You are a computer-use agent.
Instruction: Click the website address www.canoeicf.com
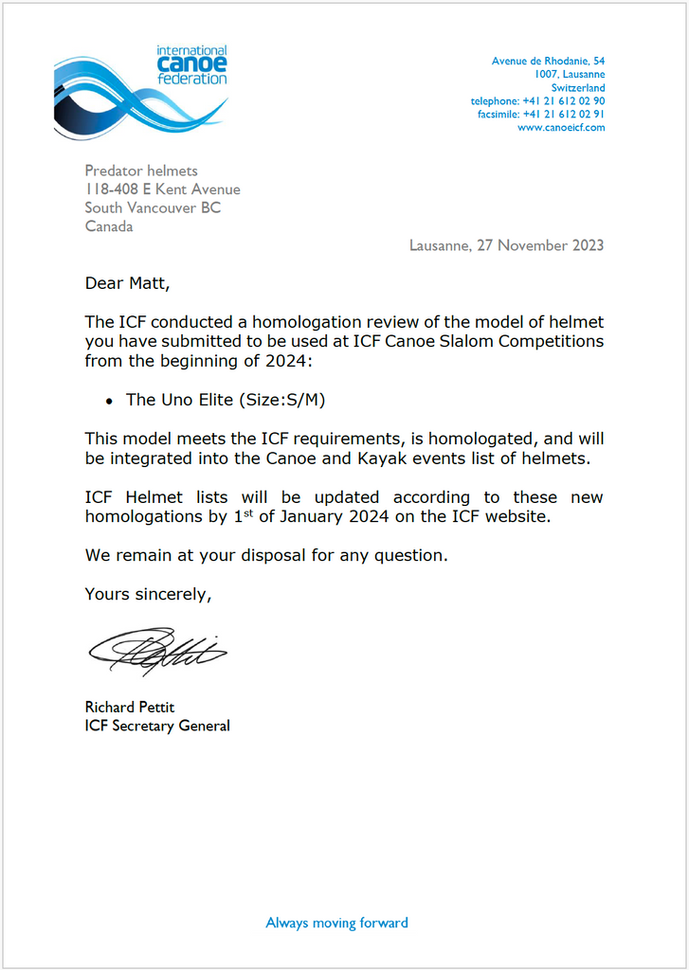coord(561,128)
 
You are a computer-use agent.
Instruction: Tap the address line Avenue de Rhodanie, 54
coord(548,62)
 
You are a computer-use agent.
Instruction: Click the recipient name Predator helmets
coord(141,171)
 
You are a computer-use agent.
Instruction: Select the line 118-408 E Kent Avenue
coord(162,189)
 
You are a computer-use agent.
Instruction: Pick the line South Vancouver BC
coord(153,207)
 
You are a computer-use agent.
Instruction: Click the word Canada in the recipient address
coord(109,226)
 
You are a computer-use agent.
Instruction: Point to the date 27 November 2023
coord(539,245)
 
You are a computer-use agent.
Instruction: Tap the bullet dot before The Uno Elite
coord(110,402)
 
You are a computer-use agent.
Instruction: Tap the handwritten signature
coord(156,651)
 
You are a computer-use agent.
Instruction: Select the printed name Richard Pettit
coord(130,707)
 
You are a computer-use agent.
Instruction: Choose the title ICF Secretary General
coord(157,726)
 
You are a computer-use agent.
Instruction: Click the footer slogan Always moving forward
coord(336,923)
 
